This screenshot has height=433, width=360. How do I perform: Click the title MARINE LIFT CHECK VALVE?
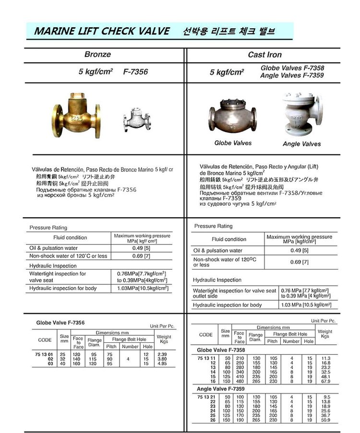tap(101, 32)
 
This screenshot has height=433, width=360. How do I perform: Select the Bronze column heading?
tap(97, 55)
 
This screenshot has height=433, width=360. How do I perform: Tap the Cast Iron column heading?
tap(264, 55)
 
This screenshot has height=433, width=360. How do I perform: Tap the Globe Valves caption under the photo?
tap(233, 143)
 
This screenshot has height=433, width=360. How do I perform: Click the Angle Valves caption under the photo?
tap(301, 143)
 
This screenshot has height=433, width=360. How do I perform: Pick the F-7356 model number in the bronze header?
tap(135, 72)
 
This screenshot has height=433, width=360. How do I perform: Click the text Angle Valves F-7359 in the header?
tap(292, 75)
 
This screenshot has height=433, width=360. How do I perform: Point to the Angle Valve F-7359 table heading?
tap(222, 388)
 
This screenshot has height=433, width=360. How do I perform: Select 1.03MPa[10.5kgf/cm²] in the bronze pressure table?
tap(143, 288)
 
